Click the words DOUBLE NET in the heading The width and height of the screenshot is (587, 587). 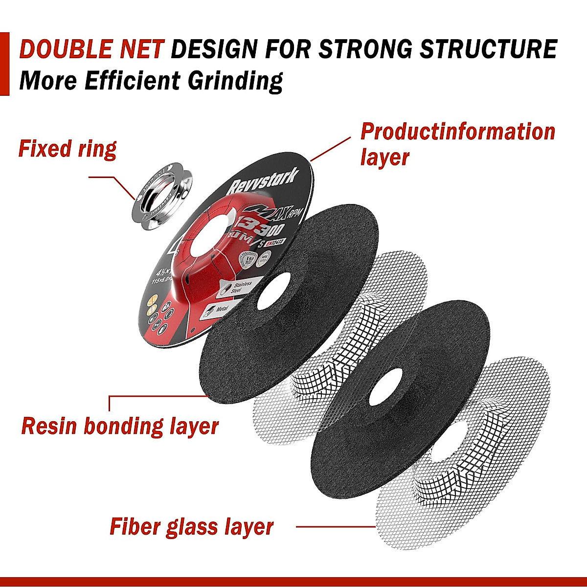coord(92,49)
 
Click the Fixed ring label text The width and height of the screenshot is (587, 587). coord(67,149)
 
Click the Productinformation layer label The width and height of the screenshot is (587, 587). coord(457,144)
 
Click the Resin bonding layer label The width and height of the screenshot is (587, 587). coord(120,426)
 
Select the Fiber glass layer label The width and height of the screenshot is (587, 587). coord(191,527)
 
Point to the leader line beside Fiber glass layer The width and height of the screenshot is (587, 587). coord(336,527)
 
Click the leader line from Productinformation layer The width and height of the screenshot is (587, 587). coord(330,149)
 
